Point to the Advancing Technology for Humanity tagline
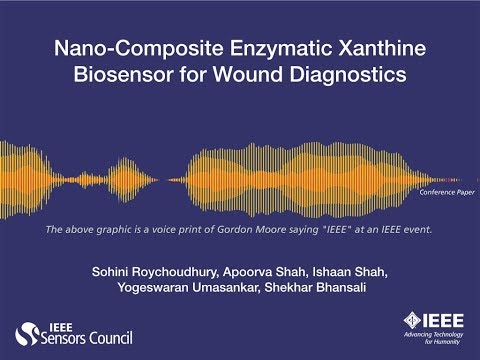click(428, 340)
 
